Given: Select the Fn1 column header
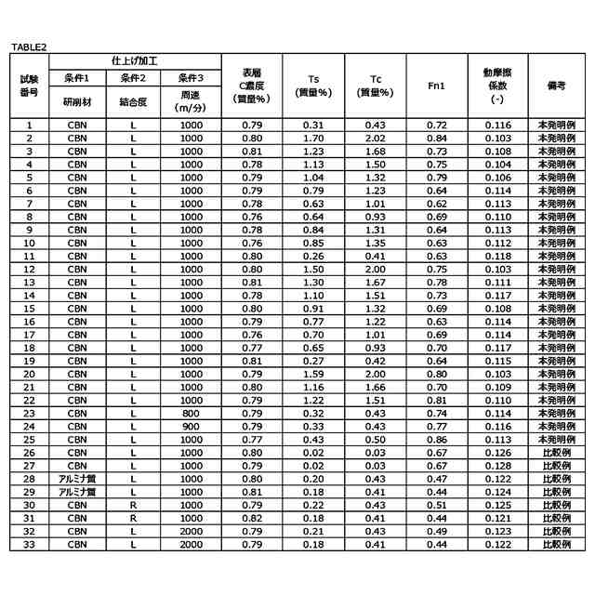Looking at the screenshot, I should tap(437, 86).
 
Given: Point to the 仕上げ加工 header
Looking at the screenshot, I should tap(135, 59).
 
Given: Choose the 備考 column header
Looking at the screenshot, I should tap(557, 86).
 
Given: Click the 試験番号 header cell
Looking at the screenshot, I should tap(29, 86).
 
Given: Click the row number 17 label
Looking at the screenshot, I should tap(29, 334).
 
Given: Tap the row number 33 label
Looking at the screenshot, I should tap(29, 543).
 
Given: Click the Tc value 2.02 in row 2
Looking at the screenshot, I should tap(375, 138).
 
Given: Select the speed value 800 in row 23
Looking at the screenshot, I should tap(191, 412).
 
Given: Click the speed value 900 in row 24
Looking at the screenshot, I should tap(191, 425).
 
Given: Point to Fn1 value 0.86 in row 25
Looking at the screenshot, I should tap(437, 439).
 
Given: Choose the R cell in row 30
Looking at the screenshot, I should tap(134, 504).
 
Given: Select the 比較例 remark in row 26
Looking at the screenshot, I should tap(557, 452).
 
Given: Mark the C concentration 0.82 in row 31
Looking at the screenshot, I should tap(252, 517).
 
